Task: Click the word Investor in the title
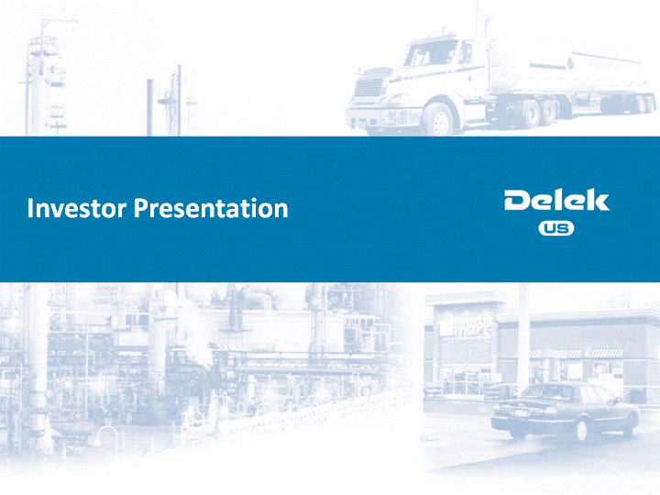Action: [x=77, y=208]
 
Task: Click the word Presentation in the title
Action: [x=211, y=208]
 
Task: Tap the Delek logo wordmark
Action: [x=556, y=200]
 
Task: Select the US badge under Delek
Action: [x=556, y=228]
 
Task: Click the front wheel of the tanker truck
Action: [x=440, y=121]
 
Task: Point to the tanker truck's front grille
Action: [x=369, y=88]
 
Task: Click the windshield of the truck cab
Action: [x=429, y=53]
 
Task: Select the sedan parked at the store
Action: [x=565, y=412]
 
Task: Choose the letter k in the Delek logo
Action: [x=598, y=200]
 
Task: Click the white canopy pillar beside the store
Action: [x=524, y=336]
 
